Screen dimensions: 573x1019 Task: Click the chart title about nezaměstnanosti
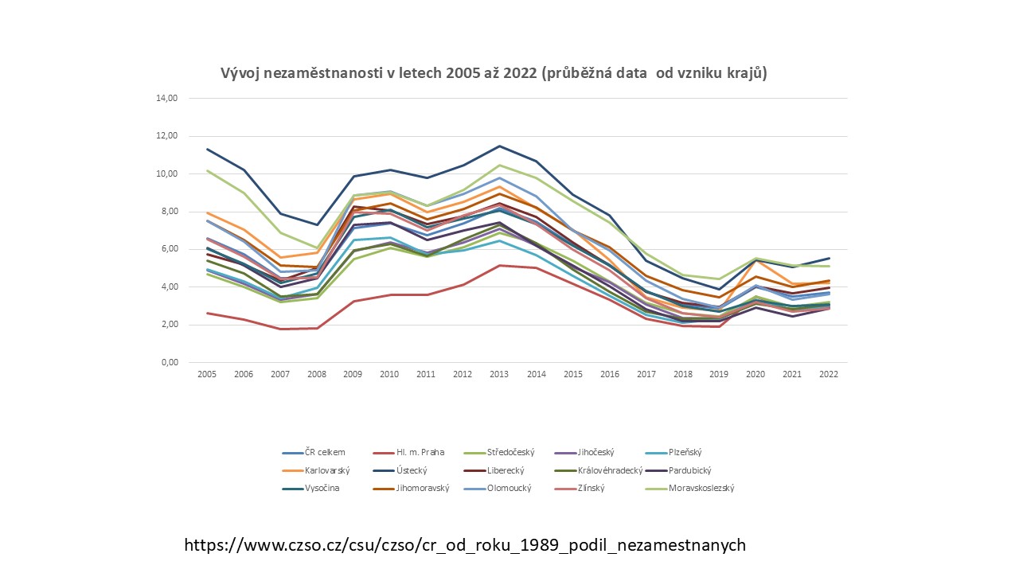click(x=494, y=73)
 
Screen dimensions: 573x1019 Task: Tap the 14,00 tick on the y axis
click(x=167, y=99)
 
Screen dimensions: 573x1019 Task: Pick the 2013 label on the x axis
click(x=498, y=374)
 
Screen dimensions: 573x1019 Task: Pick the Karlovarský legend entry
click(x=327, y=470)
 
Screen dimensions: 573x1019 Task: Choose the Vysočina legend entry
click(x=322, y=488)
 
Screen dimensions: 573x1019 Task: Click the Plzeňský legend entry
click(x=684, y=452)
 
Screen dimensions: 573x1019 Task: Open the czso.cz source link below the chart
click(x=465, y=545)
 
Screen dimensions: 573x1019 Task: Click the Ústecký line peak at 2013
click(x=498, y=146)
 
